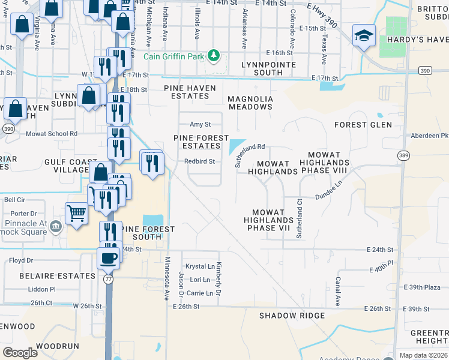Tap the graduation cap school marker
click(x=364, y=36)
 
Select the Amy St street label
click(x=200, y=124)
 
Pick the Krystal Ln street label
click(x=200, y=266)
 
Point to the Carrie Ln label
click(x=200, y=293)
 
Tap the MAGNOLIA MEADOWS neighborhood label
click(x=250, y=103)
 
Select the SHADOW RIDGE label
click(x=292, y=316)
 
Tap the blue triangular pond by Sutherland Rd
click(x=237, y=146)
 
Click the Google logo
click(x=20, y=353)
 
